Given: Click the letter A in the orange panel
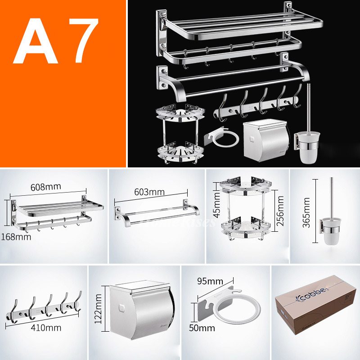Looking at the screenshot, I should coord(38,41).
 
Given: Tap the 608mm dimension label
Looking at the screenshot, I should coord(46,186).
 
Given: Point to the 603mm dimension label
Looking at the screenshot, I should coord(149,192).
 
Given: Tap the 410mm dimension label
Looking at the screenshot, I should coord(46,328).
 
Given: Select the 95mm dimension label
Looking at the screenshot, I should coord(209,282).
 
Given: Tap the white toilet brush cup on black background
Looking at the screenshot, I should coord(306,152).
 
